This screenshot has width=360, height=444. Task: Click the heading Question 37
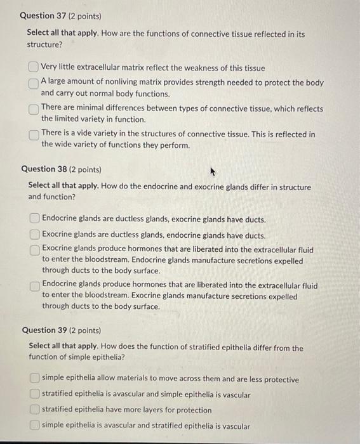click(51, 15)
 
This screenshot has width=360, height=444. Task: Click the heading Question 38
click(53, 169)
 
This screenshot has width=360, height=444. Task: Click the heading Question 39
click(53, 330)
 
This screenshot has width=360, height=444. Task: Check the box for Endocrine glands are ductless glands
click(34, 219)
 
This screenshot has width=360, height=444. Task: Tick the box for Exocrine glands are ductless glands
click(34, 235)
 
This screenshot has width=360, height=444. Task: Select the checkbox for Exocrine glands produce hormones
click(34, 251)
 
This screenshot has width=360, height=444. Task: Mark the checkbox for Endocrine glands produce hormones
click(34, 286)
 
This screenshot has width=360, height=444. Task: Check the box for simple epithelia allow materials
click(34, 379)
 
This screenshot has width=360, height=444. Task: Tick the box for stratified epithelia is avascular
click(34, 395)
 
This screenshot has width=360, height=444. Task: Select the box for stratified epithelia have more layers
click(34, 410)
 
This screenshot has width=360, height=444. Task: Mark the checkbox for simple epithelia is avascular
click(34, 426)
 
